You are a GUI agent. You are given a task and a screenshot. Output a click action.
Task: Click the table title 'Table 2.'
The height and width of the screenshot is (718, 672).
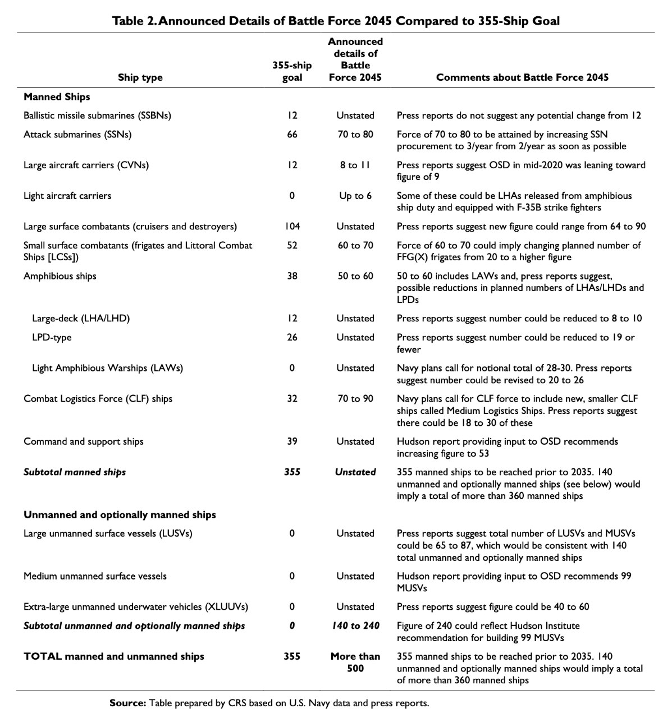pyautogui.click(x=134, y=21)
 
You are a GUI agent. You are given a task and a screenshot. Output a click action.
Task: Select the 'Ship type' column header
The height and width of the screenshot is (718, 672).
pyautogui.click(x=140, y=78)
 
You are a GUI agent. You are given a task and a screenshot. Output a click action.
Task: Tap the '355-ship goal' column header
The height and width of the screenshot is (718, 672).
pyautogui.click(x=292, y=72)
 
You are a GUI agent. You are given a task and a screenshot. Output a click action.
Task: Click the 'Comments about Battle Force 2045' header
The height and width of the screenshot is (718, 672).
pyautogui.click(x=522, y=78)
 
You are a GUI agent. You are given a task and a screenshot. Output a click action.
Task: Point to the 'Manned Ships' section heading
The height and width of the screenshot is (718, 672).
pyautogui.click(x=57, y=97)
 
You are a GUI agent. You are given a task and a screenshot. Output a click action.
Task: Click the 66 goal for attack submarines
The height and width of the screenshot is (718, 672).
pyautogui.click(x=292, y=135)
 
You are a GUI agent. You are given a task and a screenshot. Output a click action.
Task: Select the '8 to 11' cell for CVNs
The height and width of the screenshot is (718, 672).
pyautogui.click(x=355, y=165)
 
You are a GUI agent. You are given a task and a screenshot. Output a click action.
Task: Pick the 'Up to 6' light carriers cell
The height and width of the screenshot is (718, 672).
pyautogui.click(x=355, y=196)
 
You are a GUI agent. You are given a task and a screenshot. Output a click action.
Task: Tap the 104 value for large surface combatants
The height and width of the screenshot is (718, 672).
pyautogui.click(x=292, y=227)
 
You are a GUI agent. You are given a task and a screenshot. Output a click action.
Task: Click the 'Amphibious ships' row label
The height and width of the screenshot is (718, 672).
pyautogui.click(x=60, y=276)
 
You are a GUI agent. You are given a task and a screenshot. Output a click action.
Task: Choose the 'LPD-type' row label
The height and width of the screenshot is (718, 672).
pyautogui.click(x=52, y=338)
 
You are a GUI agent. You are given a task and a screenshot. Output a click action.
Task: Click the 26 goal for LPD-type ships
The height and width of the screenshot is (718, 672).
pyautogui.click(x=292, y=338)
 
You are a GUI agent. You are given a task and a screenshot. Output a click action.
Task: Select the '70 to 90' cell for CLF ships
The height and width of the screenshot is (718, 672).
pyautogui.click(x=355, y=399)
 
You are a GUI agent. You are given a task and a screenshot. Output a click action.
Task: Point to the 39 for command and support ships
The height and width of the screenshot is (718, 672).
pyautogui.click(x=292, y=441)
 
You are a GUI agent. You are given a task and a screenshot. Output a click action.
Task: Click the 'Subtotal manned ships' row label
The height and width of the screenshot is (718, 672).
pyautogui.click(x=75, y=472)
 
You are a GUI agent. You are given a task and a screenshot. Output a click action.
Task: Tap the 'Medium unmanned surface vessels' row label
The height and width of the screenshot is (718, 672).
pyautogui.click(x=95, y=576)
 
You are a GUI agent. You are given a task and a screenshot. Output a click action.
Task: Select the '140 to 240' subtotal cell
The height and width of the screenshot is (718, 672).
pyautogui.click(x=355, y=626)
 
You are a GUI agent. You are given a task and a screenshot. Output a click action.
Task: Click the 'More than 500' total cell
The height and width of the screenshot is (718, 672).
pyautogui.click(x=355, y=662)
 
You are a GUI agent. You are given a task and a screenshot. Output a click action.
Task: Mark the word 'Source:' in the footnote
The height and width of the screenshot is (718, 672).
pyautogui.click(x=128, y=703)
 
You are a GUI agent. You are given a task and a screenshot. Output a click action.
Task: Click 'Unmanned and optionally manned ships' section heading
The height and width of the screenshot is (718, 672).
pyautogui.click(x=120, y=515)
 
